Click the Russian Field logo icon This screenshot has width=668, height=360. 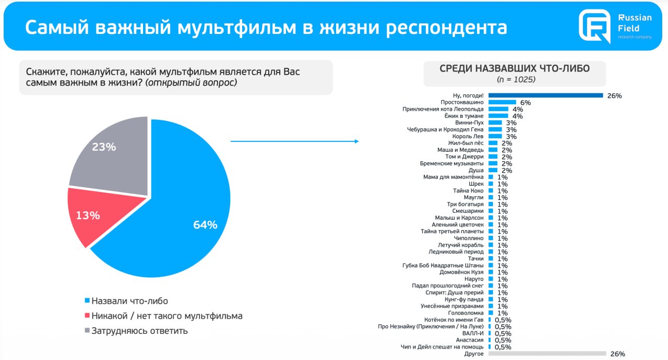point(594,26)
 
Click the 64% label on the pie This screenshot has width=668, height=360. point(205,225)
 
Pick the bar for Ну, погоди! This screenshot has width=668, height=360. point(546,95)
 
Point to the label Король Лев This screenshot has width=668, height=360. point(469,136)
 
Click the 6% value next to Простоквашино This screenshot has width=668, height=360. point(525,103)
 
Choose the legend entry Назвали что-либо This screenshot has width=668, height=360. point(129,301)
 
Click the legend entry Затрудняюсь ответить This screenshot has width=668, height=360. point(139,331)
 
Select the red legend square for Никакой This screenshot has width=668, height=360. point(87,316)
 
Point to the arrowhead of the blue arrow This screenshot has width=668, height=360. point(356,141)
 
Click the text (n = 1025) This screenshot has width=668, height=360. point(516,79)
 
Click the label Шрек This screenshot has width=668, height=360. point(476,184)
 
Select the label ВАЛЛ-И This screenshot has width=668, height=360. point(473,333)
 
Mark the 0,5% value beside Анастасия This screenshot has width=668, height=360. point(503,340)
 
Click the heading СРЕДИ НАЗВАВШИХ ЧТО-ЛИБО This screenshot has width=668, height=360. point(515,69)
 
